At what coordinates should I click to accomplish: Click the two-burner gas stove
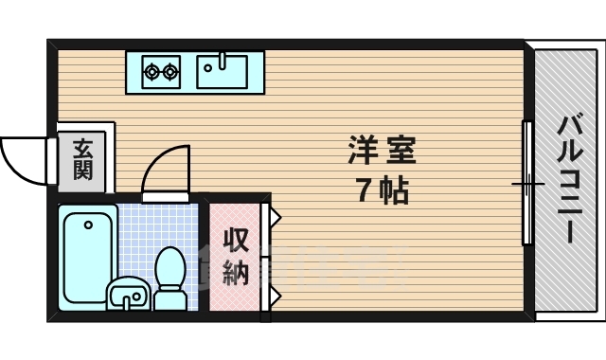point(161,70)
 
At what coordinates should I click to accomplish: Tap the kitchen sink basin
point(222,70)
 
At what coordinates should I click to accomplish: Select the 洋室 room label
point(383,151)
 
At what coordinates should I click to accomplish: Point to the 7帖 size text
point(383,191)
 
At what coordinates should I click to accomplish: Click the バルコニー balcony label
point(569,179)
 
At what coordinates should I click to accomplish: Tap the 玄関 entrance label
point(82,159)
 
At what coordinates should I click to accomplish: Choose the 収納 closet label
point(235,257)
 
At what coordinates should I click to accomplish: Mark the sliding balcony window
point(527,182)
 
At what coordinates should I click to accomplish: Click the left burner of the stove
point(151,70)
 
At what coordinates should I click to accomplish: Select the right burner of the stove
point(170,70)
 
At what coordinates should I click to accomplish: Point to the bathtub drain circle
point(87,225)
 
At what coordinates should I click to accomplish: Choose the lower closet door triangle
point(275,296)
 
